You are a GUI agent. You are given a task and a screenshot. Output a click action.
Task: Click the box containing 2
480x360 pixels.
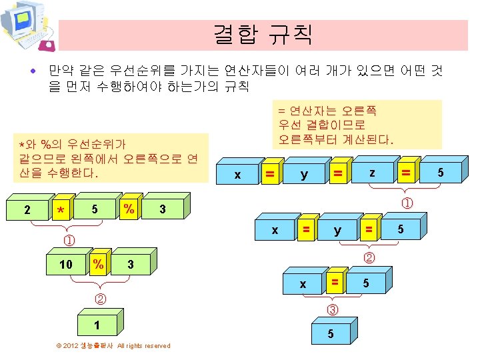tap(27, 209)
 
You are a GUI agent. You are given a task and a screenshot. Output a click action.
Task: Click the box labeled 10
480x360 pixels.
tap(66, 265)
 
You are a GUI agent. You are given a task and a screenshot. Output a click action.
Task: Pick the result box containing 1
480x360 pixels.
tap(97, 325)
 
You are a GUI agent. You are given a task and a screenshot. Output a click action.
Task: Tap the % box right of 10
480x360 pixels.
tap(98, 264)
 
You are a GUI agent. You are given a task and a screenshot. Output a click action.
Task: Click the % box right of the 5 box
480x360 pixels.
tap(129, 209)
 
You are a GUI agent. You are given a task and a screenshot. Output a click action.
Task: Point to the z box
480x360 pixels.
tap(372, 173)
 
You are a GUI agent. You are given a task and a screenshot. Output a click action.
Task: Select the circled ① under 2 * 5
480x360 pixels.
tap(69, 239)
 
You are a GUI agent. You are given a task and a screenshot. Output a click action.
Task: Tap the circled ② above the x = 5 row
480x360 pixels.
tap(368, 257)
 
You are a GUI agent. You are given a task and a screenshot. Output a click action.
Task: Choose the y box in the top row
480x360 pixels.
tap(304, 175)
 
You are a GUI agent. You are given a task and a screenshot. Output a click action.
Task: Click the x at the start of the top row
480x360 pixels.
tap(237, 175)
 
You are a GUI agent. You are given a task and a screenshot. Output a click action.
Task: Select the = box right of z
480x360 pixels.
tap(405, 173)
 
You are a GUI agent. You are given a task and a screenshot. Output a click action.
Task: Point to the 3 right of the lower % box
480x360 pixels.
tap(130, 265)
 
